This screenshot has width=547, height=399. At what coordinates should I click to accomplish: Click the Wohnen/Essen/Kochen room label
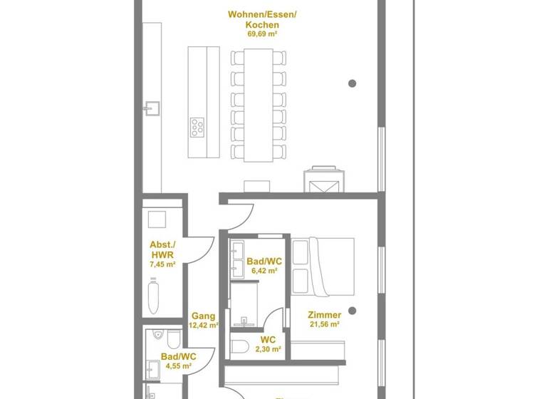[254, 19]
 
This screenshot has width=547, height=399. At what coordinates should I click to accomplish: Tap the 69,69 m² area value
[254, 33]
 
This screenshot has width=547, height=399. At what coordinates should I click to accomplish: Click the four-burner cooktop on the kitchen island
[197, 127]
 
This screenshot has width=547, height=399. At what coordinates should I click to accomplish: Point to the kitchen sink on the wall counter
[152, 108]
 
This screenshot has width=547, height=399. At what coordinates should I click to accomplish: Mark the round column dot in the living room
[352, 83]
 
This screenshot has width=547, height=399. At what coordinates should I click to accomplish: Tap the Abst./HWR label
[163, 249]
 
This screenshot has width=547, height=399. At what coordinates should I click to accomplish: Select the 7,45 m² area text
[163, 264]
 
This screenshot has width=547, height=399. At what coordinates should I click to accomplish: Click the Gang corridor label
[204, 316]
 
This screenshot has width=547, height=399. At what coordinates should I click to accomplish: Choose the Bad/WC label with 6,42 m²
[264, 261]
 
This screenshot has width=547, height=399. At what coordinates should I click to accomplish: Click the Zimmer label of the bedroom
[324, 314]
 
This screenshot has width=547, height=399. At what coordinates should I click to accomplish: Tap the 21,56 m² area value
[324, 324]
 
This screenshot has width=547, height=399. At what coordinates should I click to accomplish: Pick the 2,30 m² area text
[268, 350]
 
